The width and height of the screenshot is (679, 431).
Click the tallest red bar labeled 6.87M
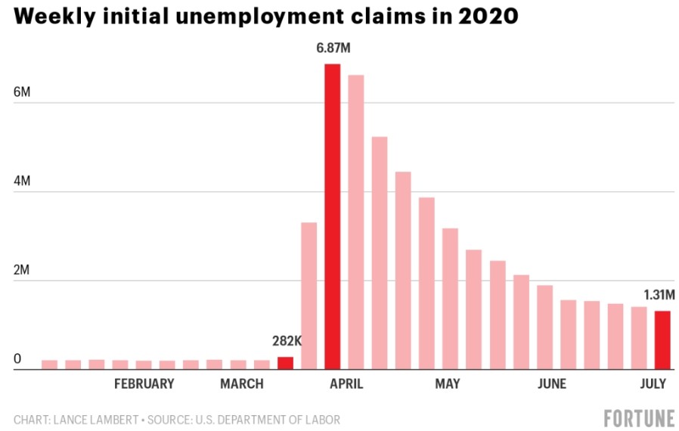pos(332,217)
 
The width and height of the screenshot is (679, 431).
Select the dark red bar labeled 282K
pos(285,363)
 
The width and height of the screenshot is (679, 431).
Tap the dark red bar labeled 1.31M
pos(662,340)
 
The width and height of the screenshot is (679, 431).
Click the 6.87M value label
pos(334,49)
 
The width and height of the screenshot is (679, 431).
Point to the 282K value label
pos(287,341)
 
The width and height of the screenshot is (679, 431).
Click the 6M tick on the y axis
pos(22,92)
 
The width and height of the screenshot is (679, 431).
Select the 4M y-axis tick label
pos(22,181)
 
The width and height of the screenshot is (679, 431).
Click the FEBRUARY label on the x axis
pos(144,384)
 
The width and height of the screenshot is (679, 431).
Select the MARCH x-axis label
pos(242,384)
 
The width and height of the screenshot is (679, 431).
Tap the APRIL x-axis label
pos(346,384)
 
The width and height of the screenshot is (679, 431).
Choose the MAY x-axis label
pos(447,384)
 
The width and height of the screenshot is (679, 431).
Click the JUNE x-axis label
pos(551,384)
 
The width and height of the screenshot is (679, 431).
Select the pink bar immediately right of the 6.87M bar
pos(355,222)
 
